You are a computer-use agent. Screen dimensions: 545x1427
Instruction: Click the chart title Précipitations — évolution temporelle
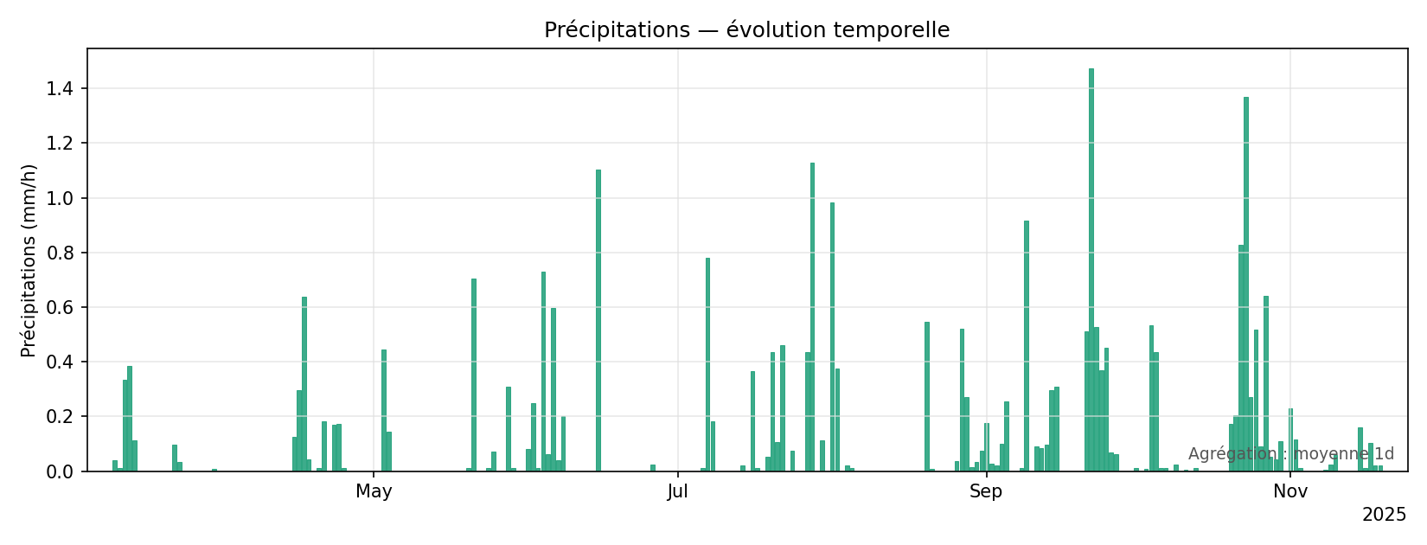(746, 30)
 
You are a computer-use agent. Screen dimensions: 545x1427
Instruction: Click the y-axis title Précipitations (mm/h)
(29, 260)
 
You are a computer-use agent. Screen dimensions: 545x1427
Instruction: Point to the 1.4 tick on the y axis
(61, 88)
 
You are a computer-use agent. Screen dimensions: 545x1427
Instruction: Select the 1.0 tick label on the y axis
(61, 198)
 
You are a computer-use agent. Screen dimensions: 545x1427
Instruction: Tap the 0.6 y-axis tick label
(61, 307)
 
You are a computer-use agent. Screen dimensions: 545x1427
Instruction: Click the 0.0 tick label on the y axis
(61, 471)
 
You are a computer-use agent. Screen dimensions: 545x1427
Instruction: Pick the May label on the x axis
(374, 492)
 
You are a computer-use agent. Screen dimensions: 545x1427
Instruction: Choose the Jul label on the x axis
(678, 492)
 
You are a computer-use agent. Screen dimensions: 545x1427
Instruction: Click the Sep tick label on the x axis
(986, 492)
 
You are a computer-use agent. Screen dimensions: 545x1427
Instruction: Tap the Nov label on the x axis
(1289, 492)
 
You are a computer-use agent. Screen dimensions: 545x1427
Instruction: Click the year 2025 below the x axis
(1384, 516)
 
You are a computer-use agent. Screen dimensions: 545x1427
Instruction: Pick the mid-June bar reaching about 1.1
(598, 320)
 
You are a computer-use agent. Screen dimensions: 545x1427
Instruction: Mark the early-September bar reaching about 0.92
(1027, 346)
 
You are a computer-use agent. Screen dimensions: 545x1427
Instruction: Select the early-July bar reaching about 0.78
(707, 364)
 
